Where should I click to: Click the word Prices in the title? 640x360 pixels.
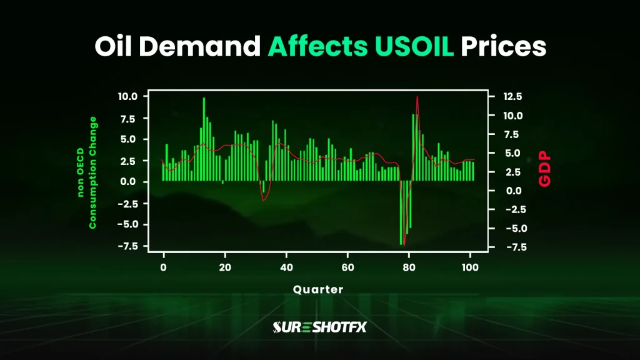[x=504, y=47]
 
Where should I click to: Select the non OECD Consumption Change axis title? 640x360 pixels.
[x=86, y=172]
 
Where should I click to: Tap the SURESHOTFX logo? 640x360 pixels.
[x=319, y=327]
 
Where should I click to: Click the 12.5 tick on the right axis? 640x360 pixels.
[x=504, y=96]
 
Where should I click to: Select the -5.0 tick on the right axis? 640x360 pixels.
[x=504, y=228]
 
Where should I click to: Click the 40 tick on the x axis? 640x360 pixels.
[x=286, y=266]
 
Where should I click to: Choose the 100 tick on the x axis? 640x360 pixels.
[x=470, y=266]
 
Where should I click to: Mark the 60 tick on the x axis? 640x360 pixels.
[x=347, y=266]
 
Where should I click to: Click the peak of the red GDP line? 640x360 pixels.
[x=417, y=96]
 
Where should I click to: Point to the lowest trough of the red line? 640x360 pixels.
[x=404, y=244]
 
